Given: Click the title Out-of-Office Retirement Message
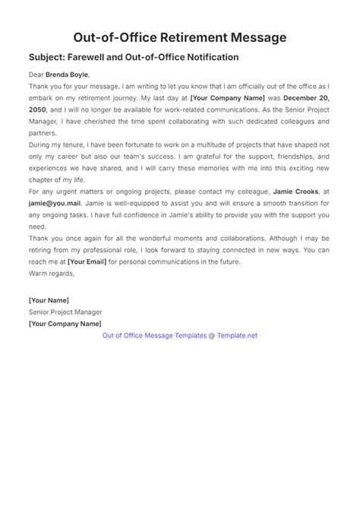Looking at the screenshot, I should [x=180, y=36].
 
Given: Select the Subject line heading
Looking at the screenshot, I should [x=134, y=57].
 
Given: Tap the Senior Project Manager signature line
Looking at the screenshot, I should [x=65, y=312].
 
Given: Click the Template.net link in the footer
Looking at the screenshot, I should [x=238, y=335].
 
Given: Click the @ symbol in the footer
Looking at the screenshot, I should [x=212, y=335].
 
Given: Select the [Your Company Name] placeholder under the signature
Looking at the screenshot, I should [x=65, y=323].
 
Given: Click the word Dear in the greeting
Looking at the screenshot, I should [x=38, y=74].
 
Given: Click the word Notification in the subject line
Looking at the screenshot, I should [x=211, y=57].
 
